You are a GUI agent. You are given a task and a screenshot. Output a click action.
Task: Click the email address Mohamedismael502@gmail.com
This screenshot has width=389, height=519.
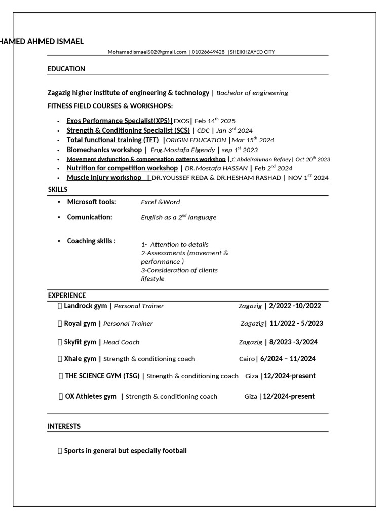[147, 52]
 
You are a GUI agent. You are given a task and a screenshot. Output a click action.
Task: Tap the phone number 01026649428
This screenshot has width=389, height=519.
[208, 52]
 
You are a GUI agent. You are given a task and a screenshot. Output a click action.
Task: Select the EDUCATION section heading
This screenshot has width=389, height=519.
[66, 69]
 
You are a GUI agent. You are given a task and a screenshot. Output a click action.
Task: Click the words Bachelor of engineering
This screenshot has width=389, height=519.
[252, 93]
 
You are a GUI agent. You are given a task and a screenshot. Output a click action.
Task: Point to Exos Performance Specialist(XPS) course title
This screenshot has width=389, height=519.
[119, 121]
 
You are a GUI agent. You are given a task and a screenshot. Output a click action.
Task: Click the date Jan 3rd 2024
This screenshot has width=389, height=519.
[234, 130]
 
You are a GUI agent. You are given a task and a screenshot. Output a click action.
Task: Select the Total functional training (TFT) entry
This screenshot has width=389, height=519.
[112, 140]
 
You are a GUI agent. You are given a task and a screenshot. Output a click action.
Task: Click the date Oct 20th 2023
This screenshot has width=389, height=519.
[313, 159]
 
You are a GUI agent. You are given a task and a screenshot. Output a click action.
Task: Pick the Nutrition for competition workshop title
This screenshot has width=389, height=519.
[122, 168]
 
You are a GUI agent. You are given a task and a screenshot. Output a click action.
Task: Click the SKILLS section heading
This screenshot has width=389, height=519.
[58, 189]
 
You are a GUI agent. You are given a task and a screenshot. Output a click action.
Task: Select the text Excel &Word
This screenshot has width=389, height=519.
[161, 202]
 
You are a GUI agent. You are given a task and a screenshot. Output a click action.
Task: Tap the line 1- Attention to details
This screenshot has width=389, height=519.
[175, 244]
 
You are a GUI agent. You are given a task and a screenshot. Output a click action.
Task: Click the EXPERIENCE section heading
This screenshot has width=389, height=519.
[67, 295]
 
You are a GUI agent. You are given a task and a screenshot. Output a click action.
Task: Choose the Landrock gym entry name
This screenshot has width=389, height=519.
[86, 306]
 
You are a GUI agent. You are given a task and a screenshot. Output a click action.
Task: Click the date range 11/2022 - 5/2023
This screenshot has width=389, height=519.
[296, 323]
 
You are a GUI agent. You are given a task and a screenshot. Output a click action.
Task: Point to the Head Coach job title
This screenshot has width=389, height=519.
[122, 342]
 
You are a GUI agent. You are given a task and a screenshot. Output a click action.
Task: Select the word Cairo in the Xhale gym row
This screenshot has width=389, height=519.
[247, 359]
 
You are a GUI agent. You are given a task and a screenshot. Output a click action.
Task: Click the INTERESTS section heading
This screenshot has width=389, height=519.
[64, 426]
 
